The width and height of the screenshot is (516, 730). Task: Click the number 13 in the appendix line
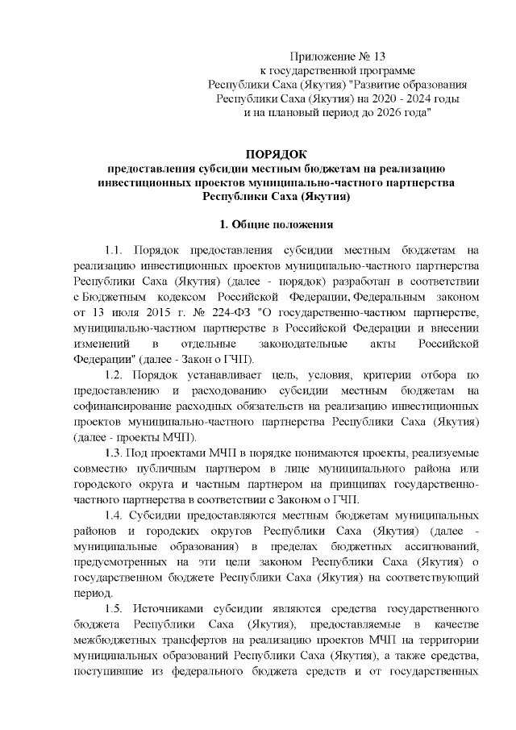[x=378, y=56]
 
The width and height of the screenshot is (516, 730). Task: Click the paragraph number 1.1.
[x=115, y=250]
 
